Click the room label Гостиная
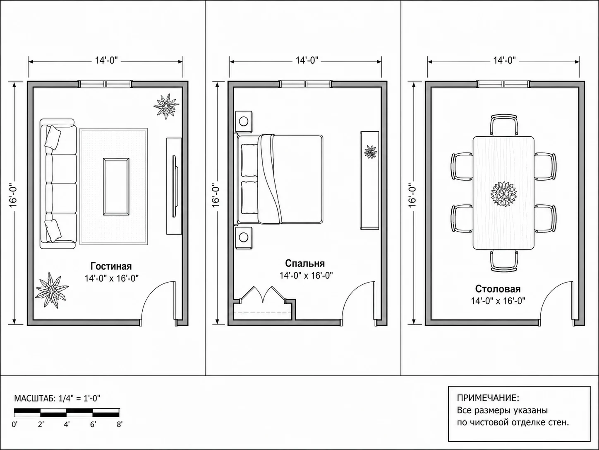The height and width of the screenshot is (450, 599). pos(111,266)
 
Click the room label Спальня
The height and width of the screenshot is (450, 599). pos(305,264)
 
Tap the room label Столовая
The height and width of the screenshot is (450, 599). pos(498,289)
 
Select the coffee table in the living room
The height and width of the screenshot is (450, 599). pos(116,186)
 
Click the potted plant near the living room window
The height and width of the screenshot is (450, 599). pos(166,106)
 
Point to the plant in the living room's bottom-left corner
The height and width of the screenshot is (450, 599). pos(52,290)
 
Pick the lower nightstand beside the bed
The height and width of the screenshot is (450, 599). pos(244,238)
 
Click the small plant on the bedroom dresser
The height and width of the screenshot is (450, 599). pos(370,152)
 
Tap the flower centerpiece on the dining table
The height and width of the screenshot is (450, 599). pos(503,194)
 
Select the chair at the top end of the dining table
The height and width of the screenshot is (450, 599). pos(504,125)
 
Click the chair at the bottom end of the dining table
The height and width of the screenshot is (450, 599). pos(504,261)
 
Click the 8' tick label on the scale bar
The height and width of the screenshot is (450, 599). pos(120,424)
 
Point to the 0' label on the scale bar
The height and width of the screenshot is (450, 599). pos(14,424)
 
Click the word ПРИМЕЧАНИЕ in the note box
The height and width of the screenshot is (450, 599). pos(488,398)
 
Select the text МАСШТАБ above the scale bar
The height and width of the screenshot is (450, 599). pos(35,398)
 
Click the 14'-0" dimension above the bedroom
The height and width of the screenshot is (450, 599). pos(307,60)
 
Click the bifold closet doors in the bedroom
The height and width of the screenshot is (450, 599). pos(263,295)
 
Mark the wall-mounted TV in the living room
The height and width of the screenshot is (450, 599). pos(175,186)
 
